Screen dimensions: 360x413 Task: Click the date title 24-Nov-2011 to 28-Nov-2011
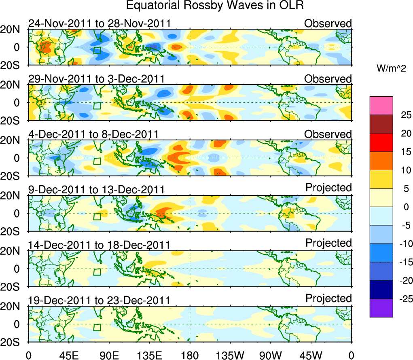click(x=99, y=23)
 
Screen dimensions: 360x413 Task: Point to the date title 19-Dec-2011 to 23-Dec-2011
click(x=99, y=301)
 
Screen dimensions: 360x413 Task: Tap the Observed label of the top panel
click(x=328, y=23)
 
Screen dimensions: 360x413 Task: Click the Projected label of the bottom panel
click(x=328, y=299)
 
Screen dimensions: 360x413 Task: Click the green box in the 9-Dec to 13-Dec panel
click(x=97, y=216)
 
